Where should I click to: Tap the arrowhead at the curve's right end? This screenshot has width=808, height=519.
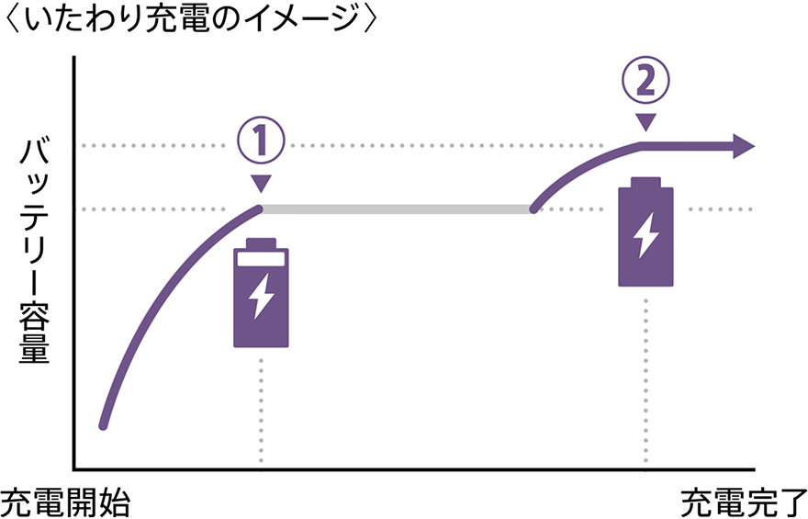(744, 146)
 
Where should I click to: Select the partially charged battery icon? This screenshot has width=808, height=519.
(262, 293)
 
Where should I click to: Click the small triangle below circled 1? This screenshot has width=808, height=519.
(262, 183)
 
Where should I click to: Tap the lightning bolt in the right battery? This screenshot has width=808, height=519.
(646, 236)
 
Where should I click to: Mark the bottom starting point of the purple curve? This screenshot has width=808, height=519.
(104, 425)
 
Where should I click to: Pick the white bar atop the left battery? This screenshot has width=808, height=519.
(262, 259)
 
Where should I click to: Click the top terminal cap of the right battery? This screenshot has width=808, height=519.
(646, 181)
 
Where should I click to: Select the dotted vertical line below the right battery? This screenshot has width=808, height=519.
(646, 377)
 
